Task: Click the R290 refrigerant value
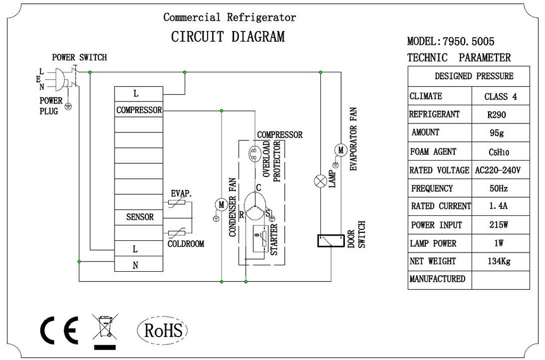click(x=497, y=114)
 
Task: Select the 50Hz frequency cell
click(x=498, y=188)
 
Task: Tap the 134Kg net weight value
click(x=499, y=261)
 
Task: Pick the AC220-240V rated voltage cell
click(x=498, y=170)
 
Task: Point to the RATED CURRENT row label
click(x=441, y=206)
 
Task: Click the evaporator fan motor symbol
click(x=341, y=150)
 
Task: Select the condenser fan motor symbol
click(x=221, y=205)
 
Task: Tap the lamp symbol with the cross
click(x=320, y=181)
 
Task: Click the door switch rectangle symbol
click(x=331, y=240)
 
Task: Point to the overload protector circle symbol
click(x=255, y=153)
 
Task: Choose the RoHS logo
click(x=163, y=330)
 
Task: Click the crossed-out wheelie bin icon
click(x=105, y=331)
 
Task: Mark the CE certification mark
click(x=59, y=330)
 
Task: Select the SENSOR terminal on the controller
click(x=140, y=217)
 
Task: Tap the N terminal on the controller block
click(x=135, y=265)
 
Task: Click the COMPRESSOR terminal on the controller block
click(x=139, y=110)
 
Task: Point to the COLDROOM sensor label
click(x=186, y=244)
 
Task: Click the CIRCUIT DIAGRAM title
click(x=228, y=37)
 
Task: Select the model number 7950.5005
click(x=468, y=41)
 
